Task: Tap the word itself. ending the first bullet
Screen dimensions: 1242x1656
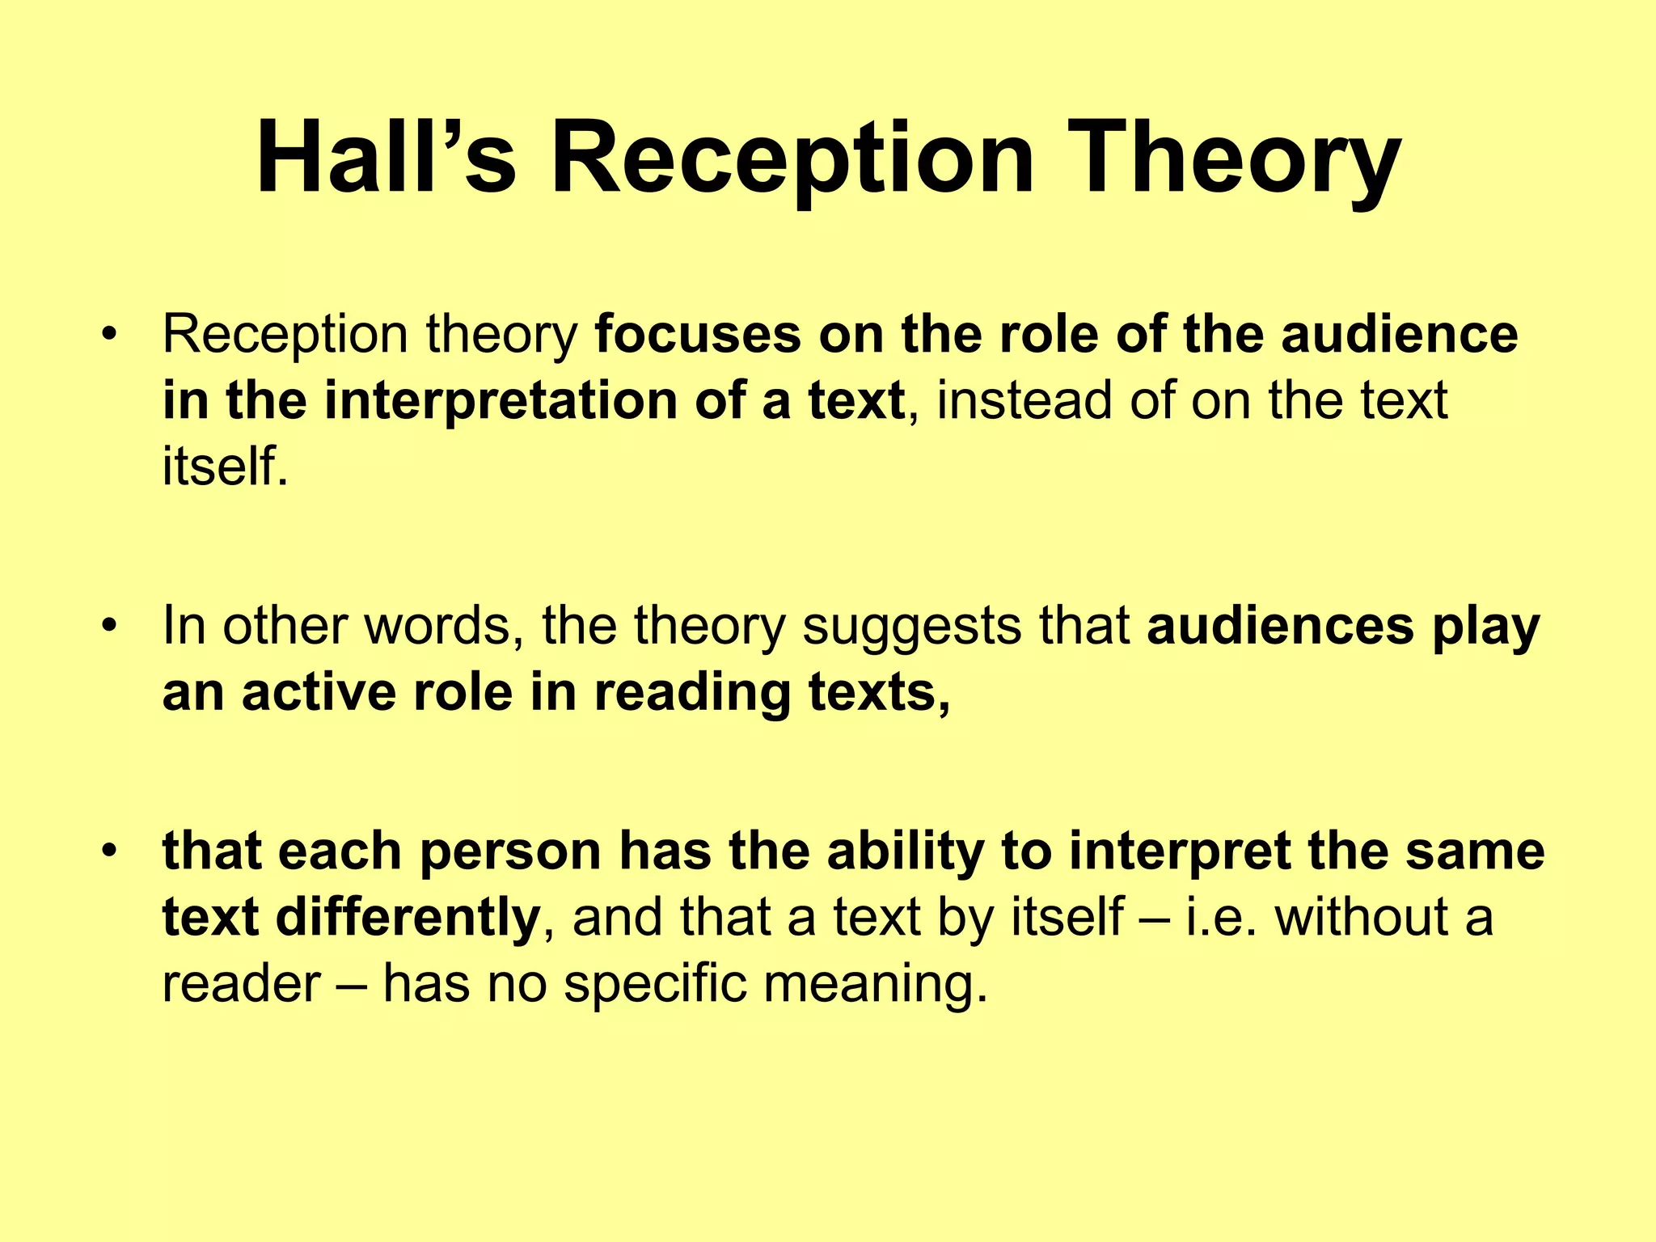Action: (x=225, y=467)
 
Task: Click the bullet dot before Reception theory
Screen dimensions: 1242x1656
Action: (x=110, y=335)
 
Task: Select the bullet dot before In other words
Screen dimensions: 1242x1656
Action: (x=110, y=627)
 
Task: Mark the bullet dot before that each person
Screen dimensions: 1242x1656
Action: (x=110, y=851)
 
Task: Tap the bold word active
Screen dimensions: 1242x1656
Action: (x=320, y=693)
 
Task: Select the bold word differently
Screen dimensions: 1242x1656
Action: (x=408, y=918)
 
